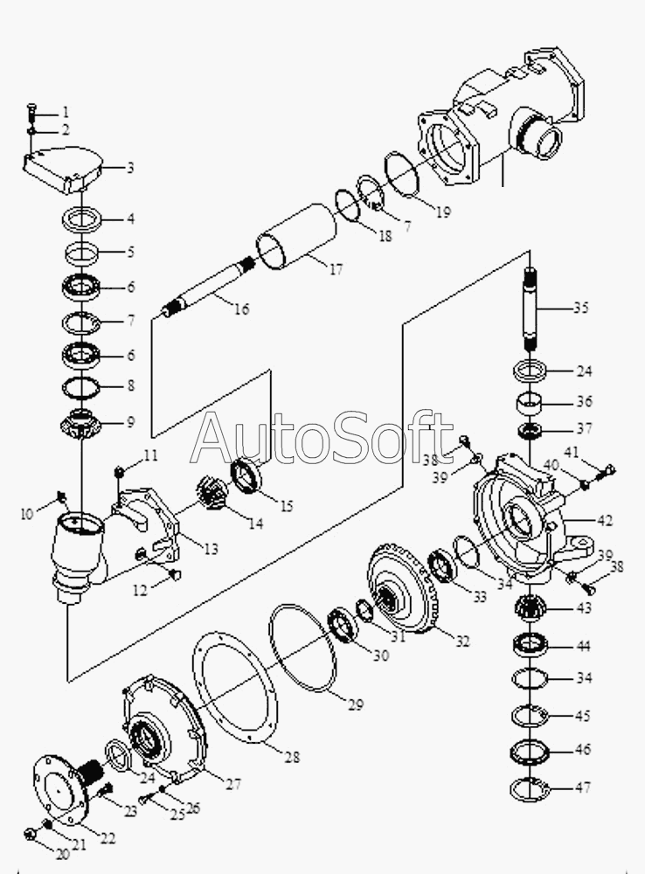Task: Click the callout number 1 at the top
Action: pos(65,113)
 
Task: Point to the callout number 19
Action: pos(443,212)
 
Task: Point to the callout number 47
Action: pos(584,787)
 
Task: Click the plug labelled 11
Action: pos(121,472)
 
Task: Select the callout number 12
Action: pos(140,590)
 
